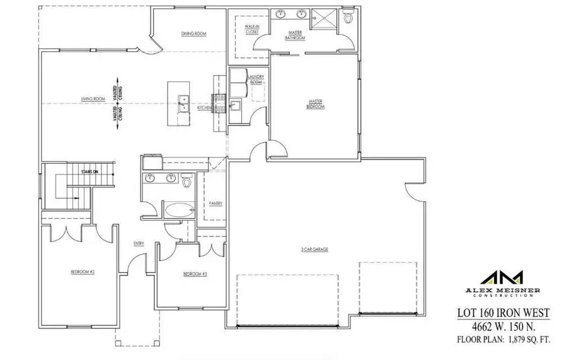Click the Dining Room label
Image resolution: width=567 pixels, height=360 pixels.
195,33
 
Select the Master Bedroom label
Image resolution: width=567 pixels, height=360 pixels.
316,103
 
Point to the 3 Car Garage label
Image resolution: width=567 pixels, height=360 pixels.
314,249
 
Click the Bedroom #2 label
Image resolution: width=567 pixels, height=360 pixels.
82,272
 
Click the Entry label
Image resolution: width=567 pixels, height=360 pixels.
139,244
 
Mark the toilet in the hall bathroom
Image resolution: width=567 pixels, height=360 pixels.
186,182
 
